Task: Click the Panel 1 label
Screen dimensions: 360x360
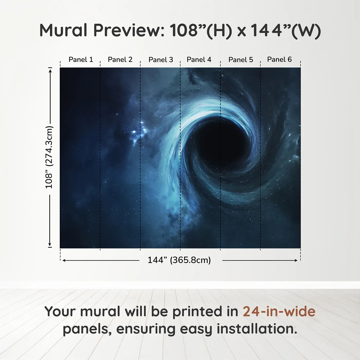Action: click(x=81, y=60)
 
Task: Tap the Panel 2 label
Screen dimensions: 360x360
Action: click(x=120, y=60)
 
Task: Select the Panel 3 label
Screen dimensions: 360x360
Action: click(x=161, y=60)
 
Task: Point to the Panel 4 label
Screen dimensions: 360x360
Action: click(x=199, y=60)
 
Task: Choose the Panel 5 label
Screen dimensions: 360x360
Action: click(x=241, y=60)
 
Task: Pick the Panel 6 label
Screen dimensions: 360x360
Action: click(x=280, y=59)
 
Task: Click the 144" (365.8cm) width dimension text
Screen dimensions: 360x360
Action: click(x=179, y=260)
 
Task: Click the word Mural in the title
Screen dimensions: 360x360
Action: click(x=63, y=30)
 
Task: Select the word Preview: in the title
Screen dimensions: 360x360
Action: click(x=129, y=30)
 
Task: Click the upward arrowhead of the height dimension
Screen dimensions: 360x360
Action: click(x=50, y=71)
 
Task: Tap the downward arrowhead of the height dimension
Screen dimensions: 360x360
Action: click(x=50, y=244)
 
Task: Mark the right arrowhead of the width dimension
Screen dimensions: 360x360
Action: click(x=296, y=260)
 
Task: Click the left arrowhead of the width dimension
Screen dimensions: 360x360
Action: click(x=64, y=260)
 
